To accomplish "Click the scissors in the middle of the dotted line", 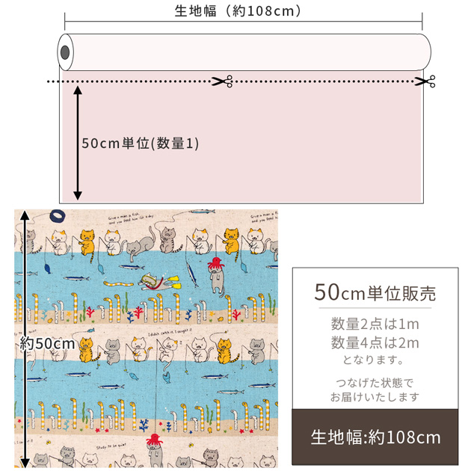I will tap(223, 81).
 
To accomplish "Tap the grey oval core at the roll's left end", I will tap(65, 53).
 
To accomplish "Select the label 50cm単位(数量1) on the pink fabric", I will tap(140, 144).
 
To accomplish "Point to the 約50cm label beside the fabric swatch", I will tap(48, 343).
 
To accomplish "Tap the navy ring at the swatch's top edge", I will tap(56, 215).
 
